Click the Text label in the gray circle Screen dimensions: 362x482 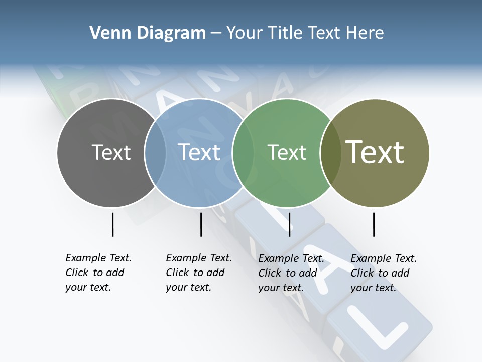point(111,152)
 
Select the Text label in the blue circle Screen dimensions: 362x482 point(199,152)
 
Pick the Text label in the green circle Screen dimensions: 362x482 point(287,152)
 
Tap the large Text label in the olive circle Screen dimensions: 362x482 point(375,152)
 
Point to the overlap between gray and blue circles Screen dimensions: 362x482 point(155,153)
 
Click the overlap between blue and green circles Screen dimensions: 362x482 point(243,153)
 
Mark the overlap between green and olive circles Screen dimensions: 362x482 point(330,153)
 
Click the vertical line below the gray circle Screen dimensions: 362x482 point(112,224)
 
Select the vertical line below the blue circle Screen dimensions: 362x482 point(201,224)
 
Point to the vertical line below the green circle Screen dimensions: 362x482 point(289,224)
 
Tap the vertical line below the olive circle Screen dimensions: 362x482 point(374,224)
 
